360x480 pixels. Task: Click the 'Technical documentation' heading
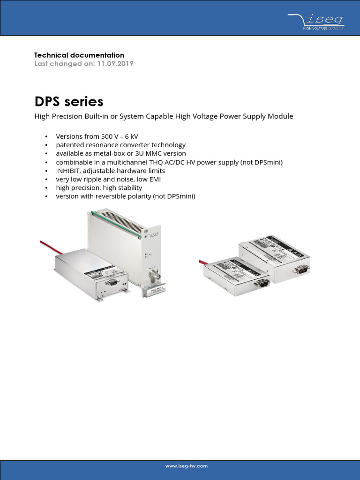[79, 55]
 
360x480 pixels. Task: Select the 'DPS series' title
[69, 102]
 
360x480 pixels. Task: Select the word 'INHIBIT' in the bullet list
[68, 171]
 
